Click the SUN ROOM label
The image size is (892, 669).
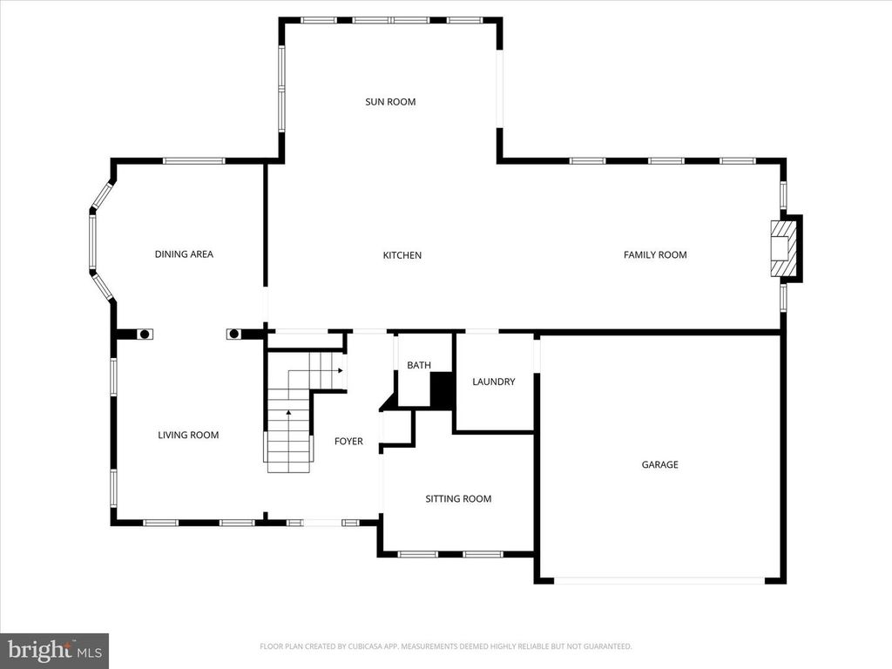389,102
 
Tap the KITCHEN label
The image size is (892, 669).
402,255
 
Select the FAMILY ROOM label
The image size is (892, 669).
655,254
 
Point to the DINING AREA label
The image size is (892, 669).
184,254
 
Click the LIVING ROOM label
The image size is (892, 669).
188,435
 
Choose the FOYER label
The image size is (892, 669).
348,442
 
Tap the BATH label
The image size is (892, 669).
418,366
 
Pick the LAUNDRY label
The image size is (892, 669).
493,382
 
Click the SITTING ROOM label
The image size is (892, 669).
458,499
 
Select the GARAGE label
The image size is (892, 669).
659,465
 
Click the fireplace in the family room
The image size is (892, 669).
783,248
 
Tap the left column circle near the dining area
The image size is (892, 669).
145,334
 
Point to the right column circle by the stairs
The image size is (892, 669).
233,334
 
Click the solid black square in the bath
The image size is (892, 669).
442,389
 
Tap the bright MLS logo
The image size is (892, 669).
54,649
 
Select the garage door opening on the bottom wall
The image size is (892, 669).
659,580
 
